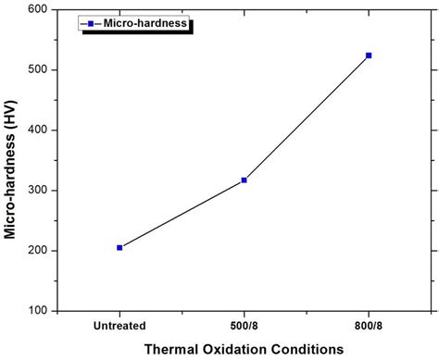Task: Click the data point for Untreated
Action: point(119,247)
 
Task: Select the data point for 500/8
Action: point(244,180)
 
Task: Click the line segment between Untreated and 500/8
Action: point(182,214)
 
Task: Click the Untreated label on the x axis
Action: point(119,326)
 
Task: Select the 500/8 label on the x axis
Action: point(245,326)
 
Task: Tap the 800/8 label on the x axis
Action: point(369,326)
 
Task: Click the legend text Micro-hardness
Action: point(146,23)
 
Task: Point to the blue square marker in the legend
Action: point(91,23)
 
